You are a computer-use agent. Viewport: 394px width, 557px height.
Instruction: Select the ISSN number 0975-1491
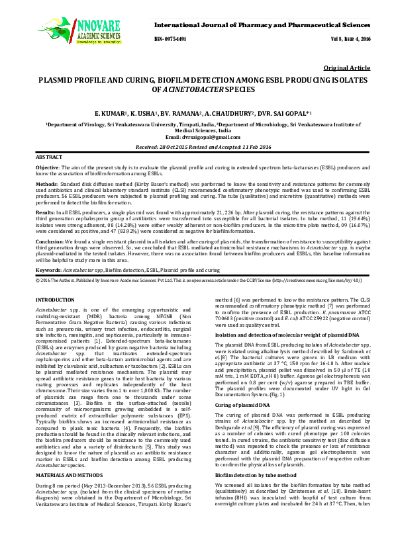pos(170,40)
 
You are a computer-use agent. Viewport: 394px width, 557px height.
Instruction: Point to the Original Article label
pos(346,68)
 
